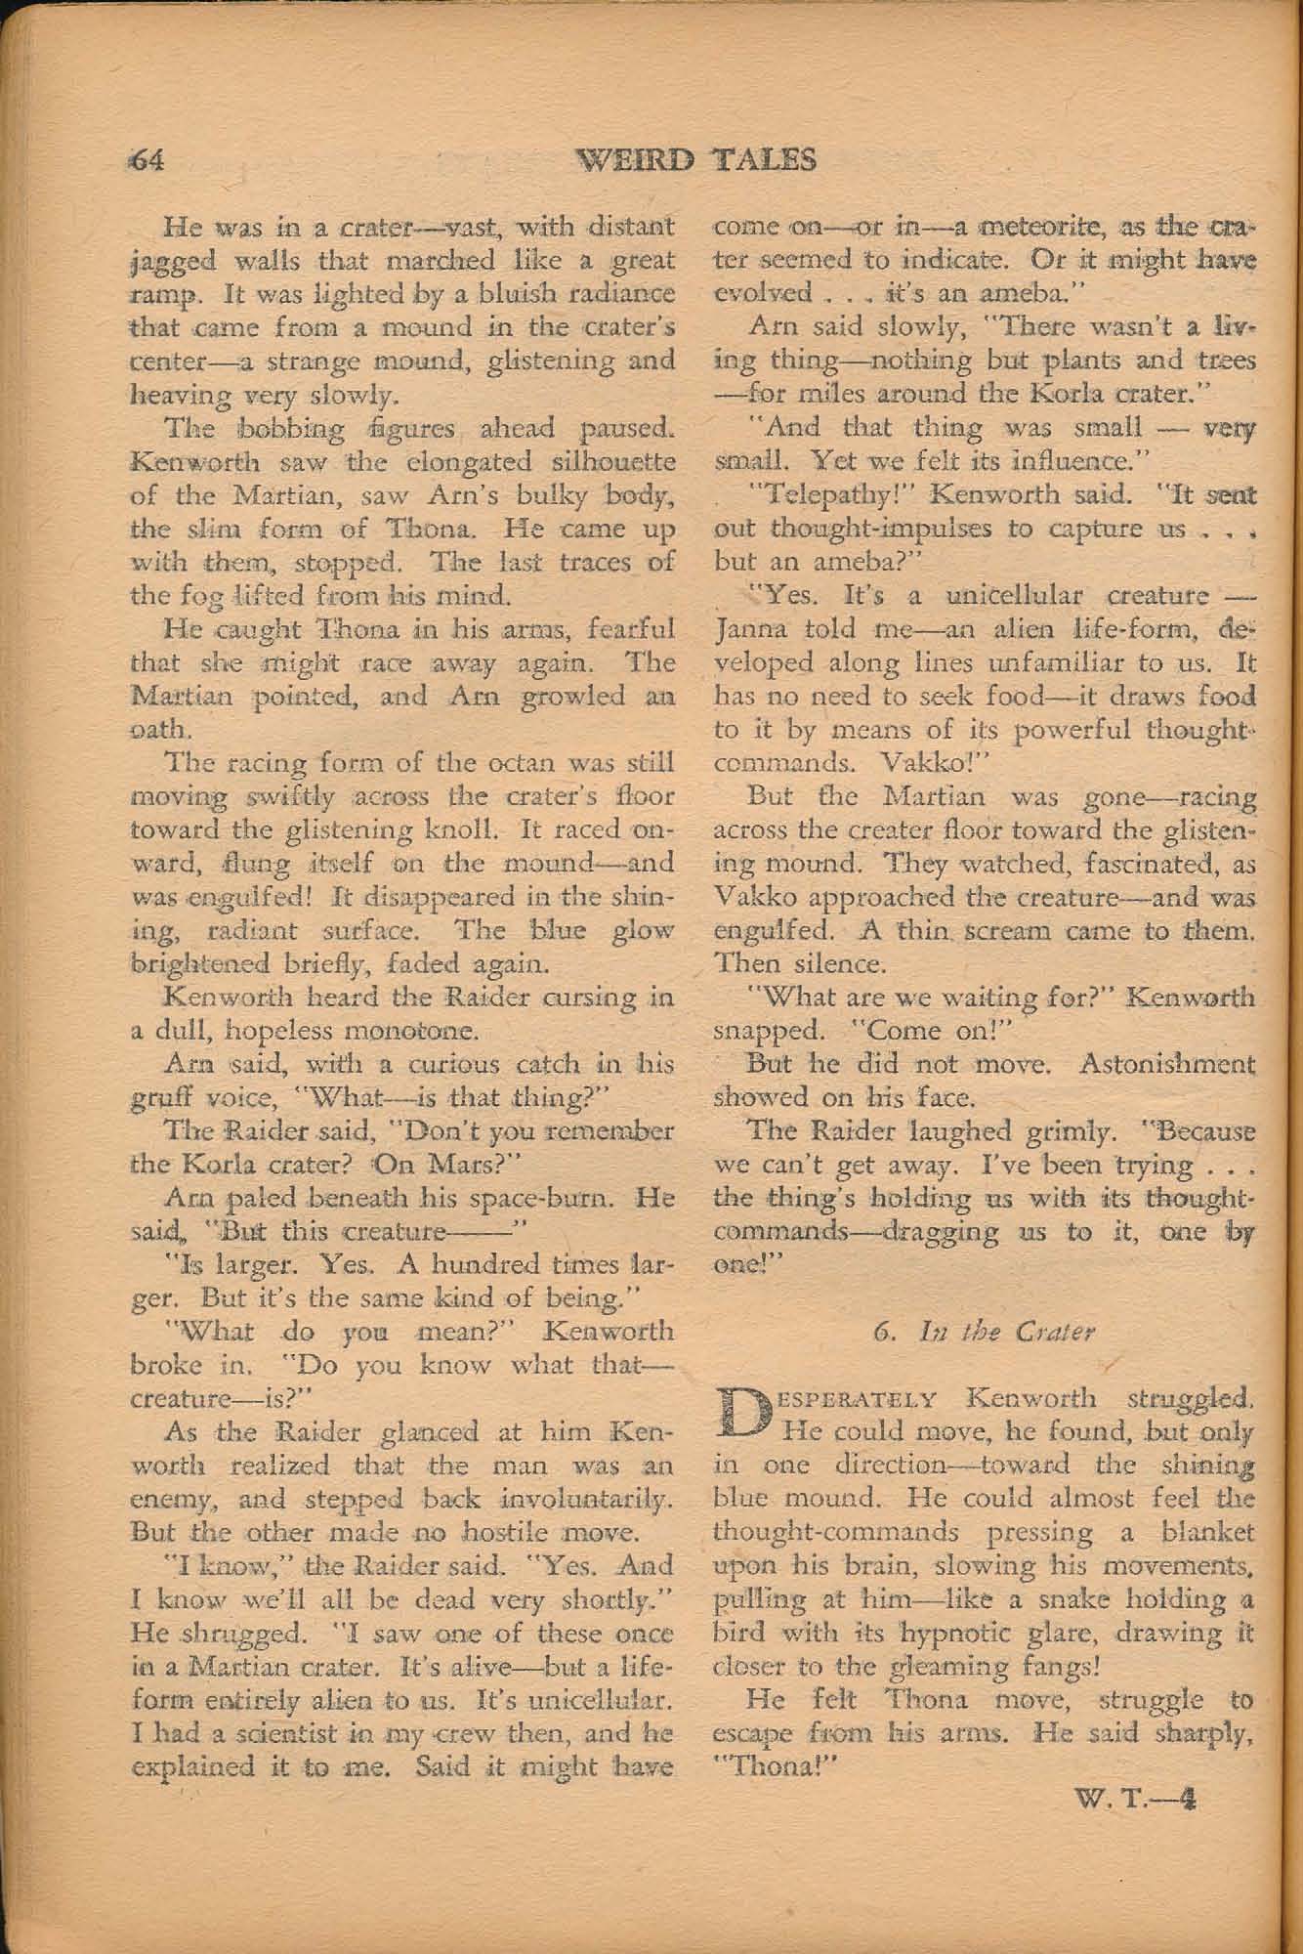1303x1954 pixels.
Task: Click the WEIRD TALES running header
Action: (x=697, y=159)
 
